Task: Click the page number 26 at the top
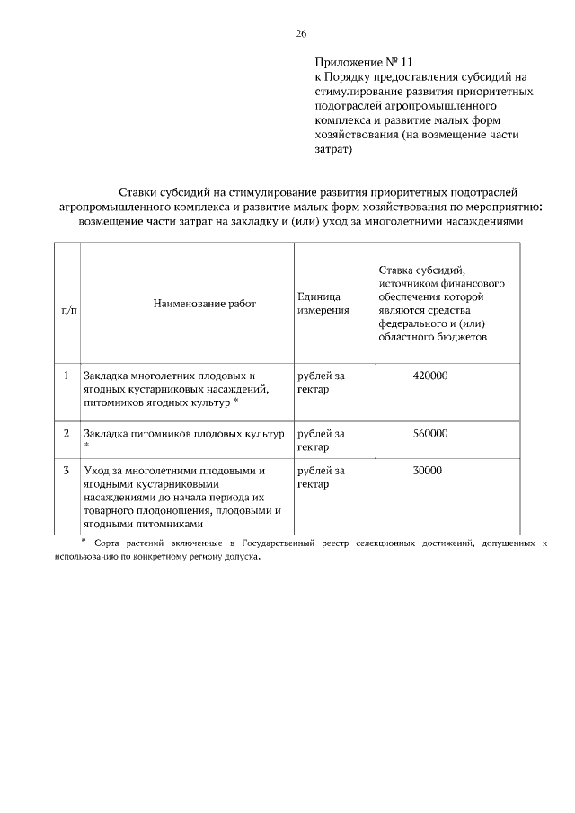coord(301,33)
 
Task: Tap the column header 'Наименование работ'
coord(204,304)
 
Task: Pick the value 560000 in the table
coord(429,433)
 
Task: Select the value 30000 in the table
coord(428,470)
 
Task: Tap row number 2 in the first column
coord(66,433)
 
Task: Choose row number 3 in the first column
coord(66,470)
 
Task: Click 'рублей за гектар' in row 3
coord(321,477)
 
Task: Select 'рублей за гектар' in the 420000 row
coord(321,383)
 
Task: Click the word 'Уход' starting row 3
coord(97,471)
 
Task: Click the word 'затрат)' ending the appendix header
coord(334,149)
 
